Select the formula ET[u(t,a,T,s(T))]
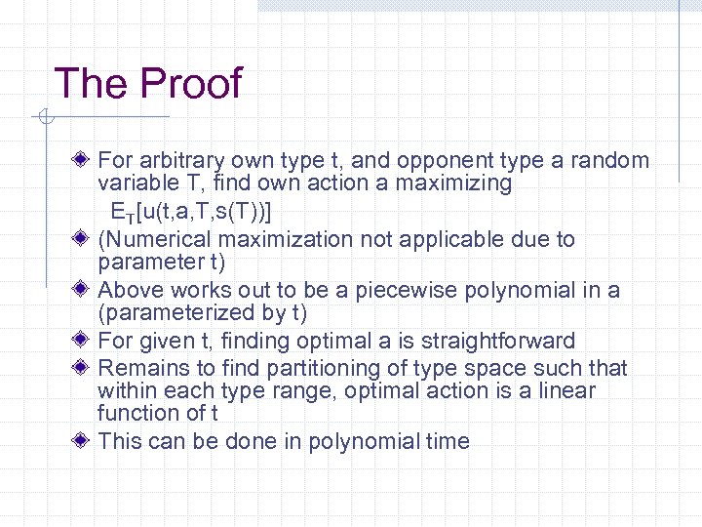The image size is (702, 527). click(x=191, y=211)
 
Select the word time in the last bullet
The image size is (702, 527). click(x=448, y=441)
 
